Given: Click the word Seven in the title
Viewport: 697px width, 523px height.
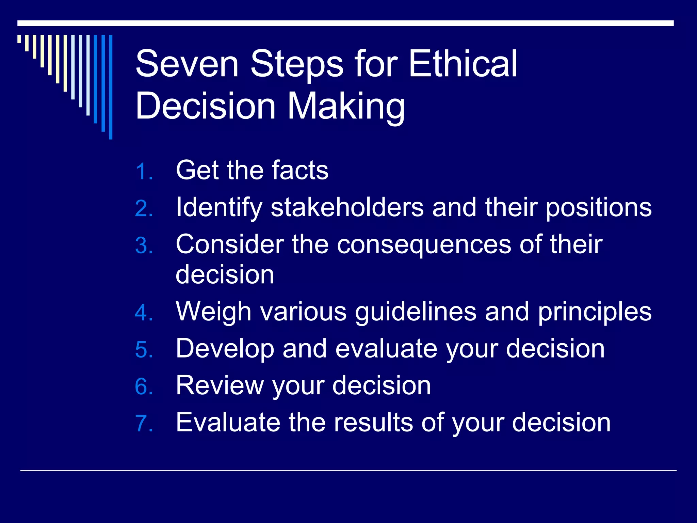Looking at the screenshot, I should click(187, 64).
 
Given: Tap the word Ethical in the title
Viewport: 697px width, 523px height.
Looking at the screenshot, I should click(463, 64).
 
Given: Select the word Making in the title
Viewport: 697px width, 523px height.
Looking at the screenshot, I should click(346, 106).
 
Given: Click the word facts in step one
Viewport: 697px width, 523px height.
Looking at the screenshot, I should click(300, 170).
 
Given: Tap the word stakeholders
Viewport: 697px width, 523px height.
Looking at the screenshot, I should click(347, 207).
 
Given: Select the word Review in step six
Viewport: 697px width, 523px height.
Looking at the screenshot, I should click(220, 386).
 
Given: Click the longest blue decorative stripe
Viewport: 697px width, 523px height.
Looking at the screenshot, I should click(111, 87).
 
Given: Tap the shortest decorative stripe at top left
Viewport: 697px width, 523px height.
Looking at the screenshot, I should click(19, 39).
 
